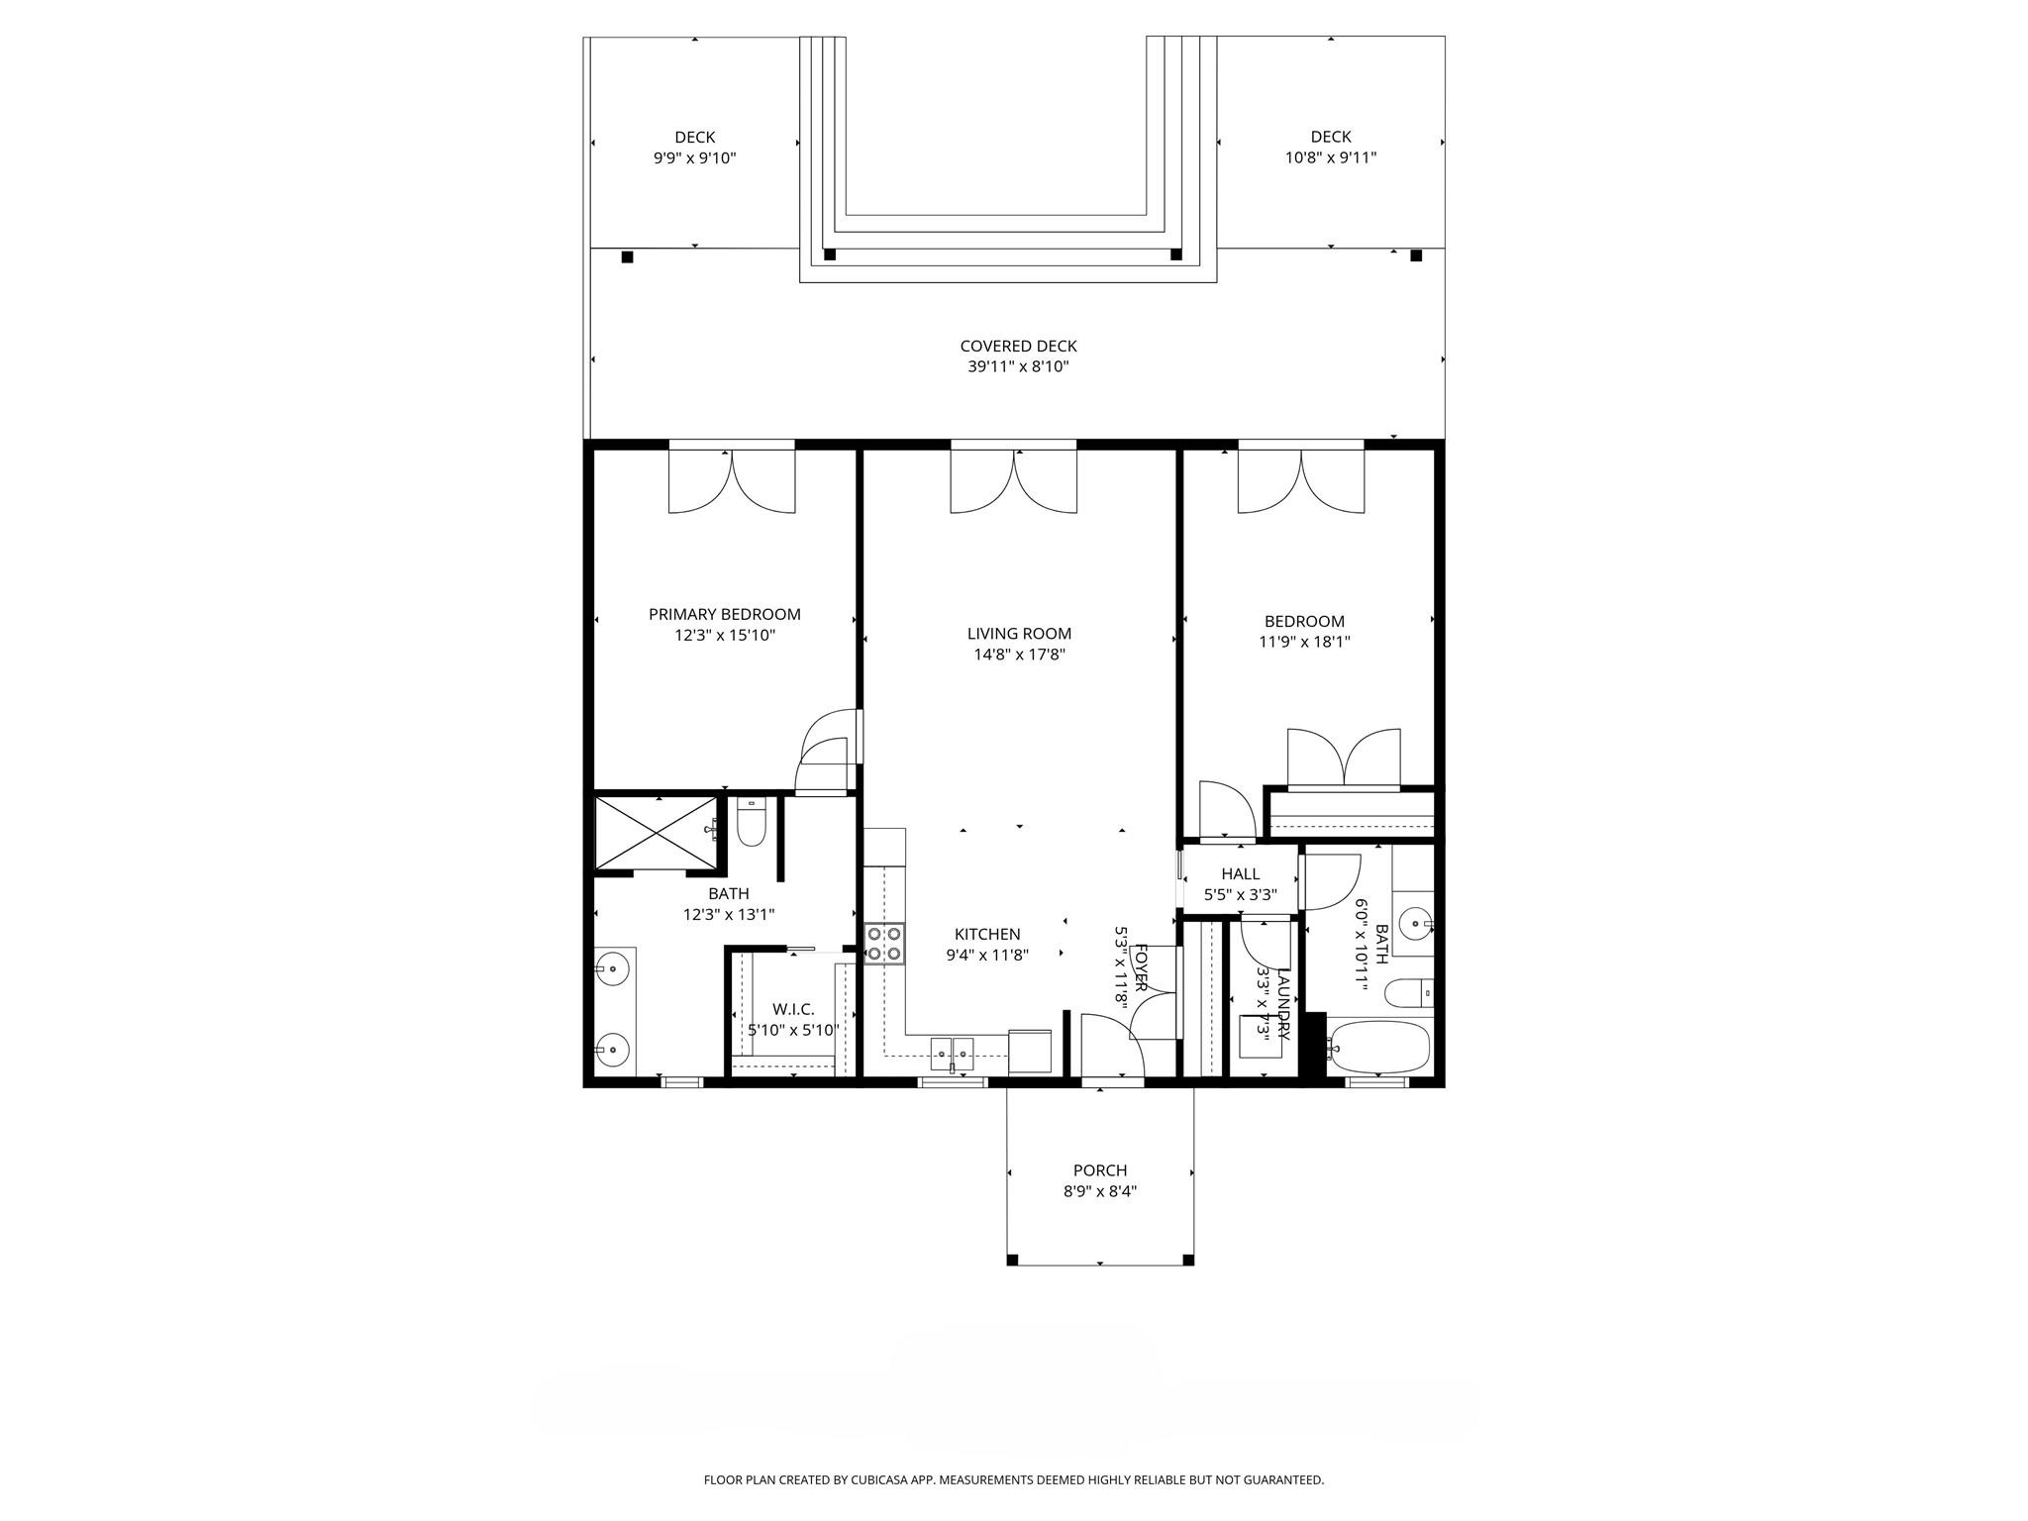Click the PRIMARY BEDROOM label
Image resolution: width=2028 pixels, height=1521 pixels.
pos(724,614)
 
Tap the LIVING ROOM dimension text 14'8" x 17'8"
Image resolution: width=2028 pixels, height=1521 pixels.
pos(1019,655)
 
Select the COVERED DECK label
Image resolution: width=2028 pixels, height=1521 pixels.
pos(1018,346)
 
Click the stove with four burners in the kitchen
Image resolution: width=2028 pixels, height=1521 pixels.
pos(883,943)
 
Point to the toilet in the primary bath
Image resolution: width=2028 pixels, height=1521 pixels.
pos(752,824)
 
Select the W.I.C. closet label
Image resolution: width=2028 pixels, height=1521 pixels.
pos(793,1009)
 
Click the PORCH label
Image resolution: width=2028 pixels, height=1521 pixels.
pos(1099,1170)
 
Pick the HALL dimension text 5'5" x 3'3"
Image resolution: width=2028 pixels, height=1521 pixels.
pos(1240,895)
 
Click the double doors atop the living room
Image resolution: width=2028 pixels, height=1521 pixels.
pos(1014,482)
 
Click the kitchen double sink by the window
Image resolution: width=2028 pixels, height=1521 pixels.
pos(953,1053)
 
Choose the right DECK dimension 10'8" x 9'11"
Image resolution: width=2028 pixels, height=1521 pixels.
pos(1330,157)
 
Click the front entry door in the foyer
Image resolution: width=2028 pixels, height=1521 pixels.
pos(1112,1048)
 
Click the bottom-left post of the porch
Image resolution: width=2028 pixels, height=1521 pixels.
pos(1012,1260)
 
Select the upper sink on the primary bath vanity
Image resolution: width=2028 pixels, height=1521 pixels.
pos(615,967)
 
